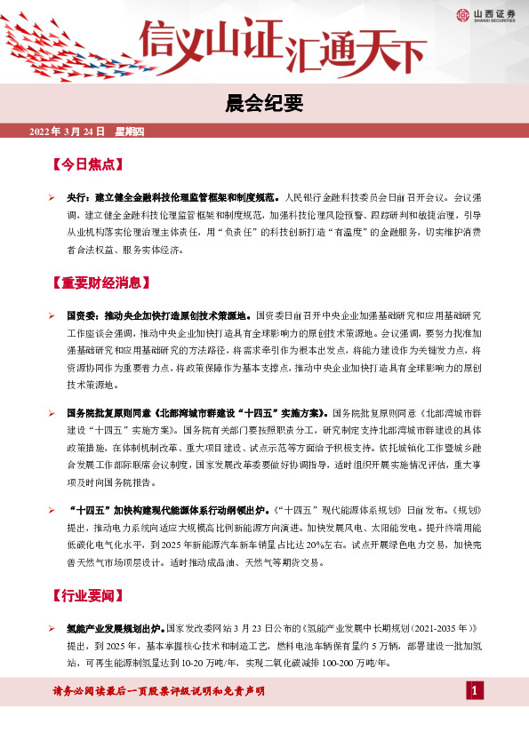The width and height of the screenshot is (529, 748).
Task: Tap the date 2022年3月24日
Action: pyautogui.click(x=68, y=131)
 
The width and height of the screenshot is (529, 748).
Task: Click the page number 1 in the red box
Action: pyautogui.click(x=475, y=691)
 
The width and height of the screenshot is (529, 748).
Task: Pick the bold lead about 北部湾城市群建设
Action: pyautogui.click(x=197, y=413)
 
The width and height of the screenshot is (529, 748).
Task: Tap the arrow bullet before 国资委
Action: pyautogui.click(x=53, y=315)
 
